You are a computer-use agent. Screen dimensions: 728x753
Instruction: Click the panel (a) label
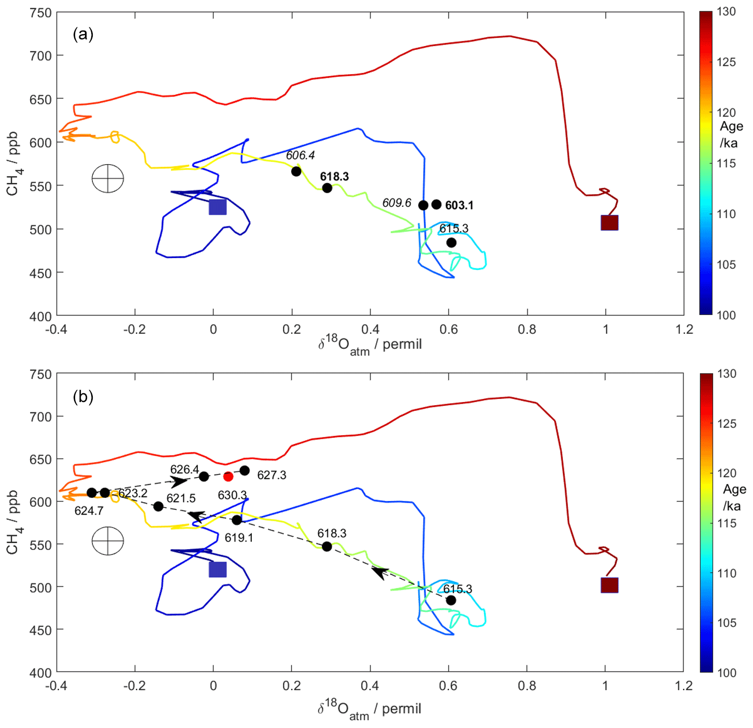(83, 34)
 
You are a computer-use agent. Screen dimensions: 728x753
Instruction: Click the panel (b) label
(83, 397)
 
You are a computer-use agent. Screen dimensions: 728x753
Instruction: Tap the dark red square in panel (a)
(609, 223)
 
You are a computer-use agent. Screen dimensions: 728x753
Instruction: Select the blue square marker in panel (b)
(218, 569)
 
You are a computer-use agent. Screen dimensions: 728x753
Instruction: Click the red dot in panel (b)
(228, 476)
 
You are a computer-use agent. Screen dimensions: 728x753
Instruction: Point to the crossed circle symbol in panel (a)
(108, 179)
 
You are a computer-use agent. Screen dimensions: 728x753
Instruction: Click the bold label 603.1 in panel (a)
(459, 206)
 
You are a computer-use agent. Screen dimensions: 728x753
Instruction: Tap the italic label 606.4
(301, 155)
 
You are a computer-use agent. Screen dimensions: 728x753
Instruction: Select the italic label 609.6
(397, 203)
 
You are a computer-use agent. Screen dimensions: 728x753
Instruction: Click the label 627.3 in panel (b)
(272, 475)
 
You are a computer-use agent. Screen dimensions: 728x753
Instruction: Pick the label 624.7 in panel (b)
(89, 511)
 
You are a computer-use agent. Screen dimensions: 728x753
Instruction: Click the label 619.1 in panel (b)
(239, 538)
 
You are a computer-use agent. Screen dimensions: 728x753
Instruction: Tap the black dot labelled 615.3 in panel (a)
(451, 242)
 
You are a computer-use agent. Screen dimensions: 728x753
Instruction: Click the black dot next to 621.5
(159, 506)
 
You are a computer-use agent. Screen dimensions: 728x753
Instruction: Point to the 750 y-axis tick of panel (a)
(41, 13)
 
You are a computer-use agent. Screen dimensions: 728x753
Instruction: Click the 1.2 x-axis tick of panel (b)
(684, 686)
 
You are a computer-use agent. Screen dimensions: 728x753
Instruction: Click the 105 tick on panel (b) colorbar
(727, 623)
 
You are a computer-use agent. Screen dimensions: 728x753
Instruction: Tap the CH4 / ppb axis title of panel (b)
(13, 522)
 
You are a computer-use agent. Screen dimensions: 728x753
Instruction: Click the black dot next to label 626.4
(204, 476)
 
